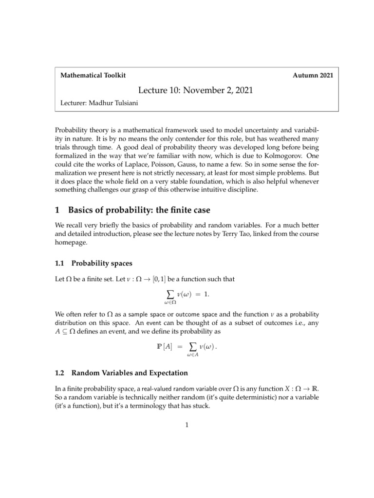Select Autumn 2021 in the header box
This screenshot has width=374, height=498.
point(313,76)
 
